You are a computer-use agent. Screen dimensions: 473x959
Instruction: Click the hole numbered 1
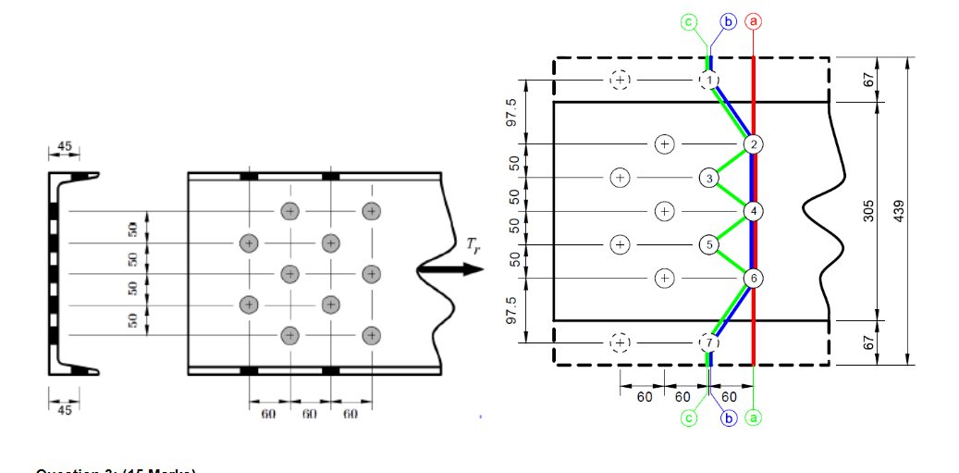(708, 81)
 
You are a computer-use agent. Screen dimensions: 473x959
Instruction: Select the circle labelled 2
(754, 144)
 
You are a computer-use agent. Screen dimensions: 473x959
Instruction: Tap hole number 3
(708, 178)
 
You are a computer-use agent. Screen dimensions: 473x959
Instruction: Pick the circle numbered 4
(754, 211)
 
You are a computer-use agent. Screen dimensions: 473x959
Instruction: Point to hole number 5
(708, 245)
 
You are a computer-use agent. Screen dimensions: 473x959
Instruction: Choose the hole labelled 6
(754, 278)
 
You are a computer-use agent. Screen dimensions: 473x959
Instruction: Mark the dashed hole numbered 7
(708, 342)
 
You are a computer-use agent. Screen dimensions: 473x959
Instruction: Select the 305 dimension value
(867, 212)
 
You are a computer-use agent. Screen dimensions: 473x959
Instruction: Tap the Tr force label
(474, 245)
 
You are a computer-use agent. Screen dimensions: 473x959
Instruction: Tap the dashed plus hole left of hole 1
(620, 81)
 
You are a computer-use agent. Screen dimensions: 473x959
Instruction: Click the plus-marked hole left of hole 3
(620, 177)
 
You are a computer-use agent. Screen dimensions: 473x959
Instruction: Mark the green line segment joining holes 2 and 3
(732, 161)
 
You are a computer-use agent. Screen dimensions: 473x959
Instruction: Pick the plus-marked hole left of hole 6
(663, 278)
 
